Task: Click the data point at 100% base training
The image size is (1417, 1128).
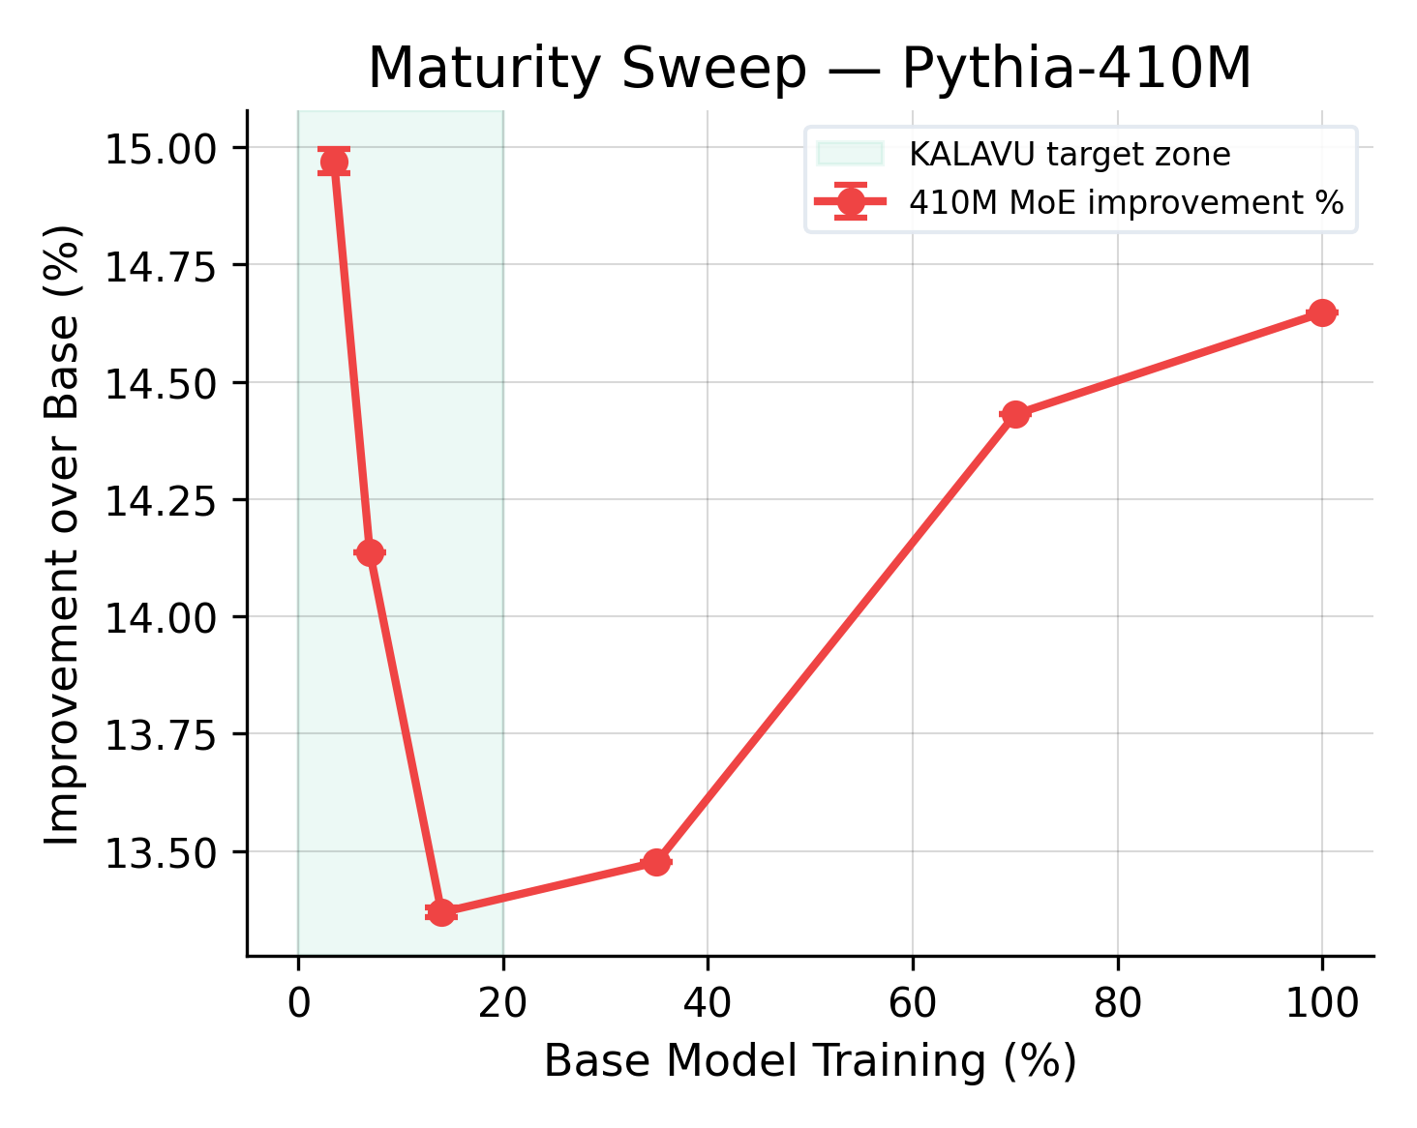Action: tap(1321, 312)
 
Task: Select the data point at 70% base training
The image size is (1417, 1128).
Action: tap(1014, 415)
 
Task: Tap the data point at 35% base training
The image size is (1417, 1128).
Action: tap(656, 861)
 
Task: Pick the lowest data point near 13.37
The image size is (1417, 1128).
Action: tap(441, 912)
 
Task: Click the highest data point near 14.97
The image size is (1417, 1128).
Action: tap(334, 162)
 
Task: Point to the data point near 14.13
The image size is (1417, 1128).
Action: tap(370, 552)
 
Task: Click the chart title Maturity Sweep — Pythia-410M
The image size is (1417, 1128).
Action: tap(809, 70)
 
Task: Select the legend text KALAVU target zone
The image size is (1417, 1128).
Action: tap(1070, 155)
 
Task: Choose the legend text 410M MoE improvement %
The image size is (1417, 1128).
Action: tap(1127, 203)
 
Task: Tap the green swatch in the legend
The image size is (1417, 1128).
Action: tap(850, 154)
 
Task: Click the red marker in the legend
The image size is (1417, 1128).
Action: tap(850, 203)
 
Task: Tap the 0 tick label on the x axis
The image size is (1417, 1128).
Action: tap(298, 1004)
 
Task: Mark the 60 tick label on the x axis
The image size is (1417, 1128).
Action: tap(912, 1004)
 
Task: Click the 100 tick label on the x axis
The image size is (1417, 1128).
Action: tap(1321, 1004)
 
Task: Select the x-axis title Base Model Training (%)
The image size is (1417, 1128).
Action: tap(809, 1061)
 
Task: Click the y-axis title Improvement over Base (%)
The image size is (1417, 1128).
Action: tap(64, 534)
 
